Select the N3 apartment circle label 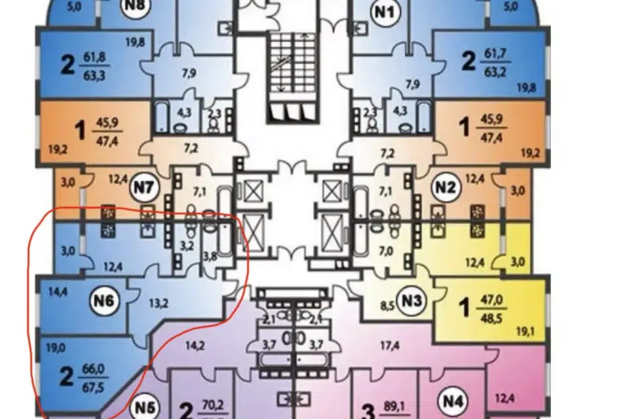[x=411, y=302]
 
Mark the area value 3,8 [x=211, y=256]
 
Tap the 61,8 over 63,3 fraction [x=96, y=64]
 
